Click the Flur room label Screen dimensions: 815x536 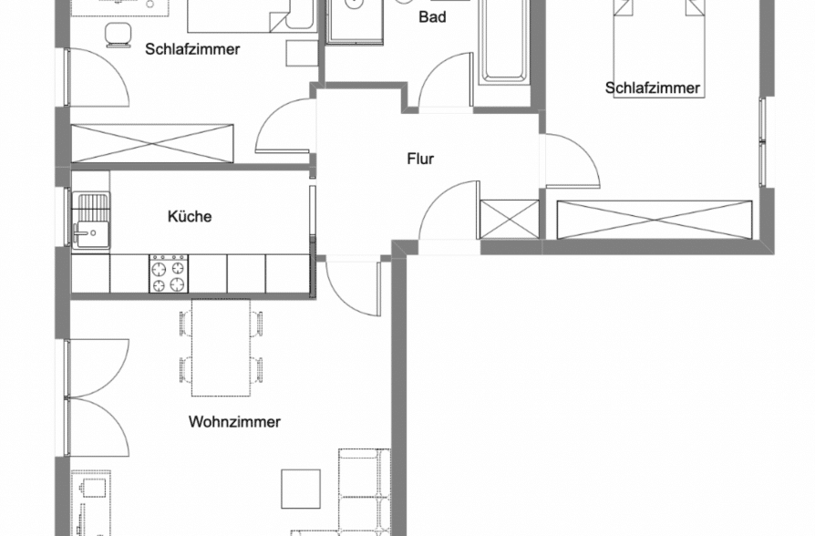click(420, 159)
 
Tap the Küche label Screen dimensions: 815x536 click(190, 217)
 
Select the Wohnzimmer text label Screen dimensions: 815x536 click(234, 422)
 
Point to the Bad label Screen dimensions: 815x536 click(432, 17)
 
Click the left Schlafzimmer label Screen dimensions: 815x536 click(192, 49)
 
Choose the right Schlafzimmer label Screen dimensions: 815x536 click(653, 88)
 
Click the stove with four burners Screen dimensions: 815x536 click(169, 273)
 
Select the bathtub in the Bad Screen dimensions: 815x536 click(504, 41)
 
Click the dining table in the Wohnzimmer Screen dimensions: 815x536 click(221, 347)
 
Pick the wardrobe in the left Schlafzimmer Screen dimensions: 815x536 click(153, 143)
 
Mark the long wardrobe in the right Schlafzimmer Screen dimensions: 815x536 click(655, 220)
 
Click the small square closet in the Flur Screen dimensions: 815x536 click(510, 219)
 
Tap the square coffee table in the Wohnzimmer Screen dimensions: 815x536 click(301, 489)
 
